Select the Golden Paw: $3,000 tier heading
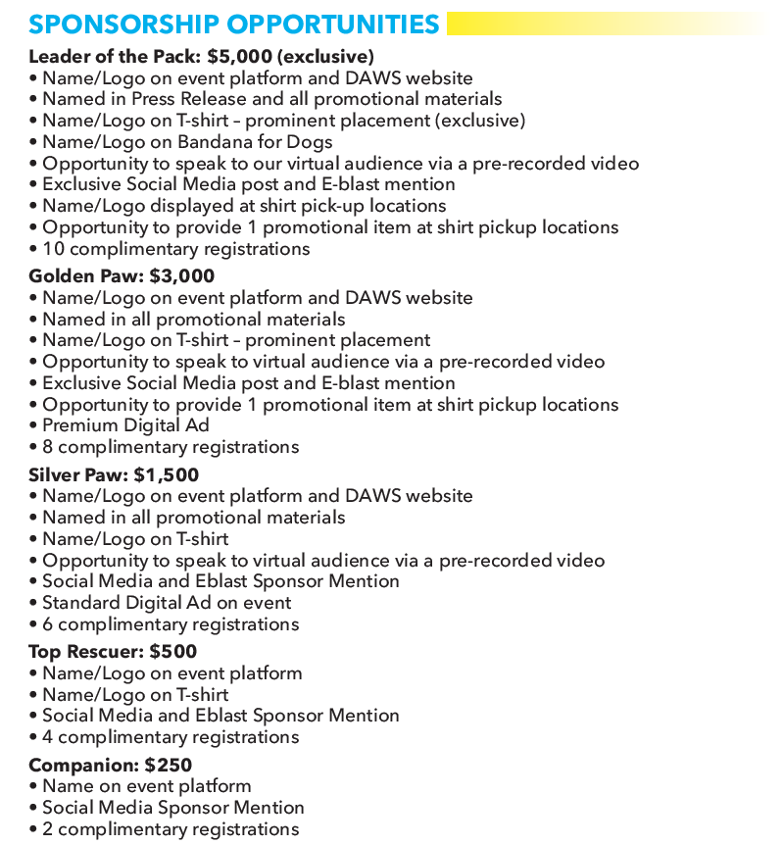point(122,276)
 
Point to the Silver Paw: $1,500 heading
point(114,475)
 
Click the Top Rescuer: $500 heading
point(113,652)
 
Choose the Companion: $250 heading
point(110,766)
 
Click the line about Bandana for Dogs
point(187,142)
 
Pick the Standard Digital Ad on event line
point(167,602)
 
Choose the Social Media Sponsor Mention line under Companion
point(172,808)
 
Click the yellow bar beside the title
point(608,24)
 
